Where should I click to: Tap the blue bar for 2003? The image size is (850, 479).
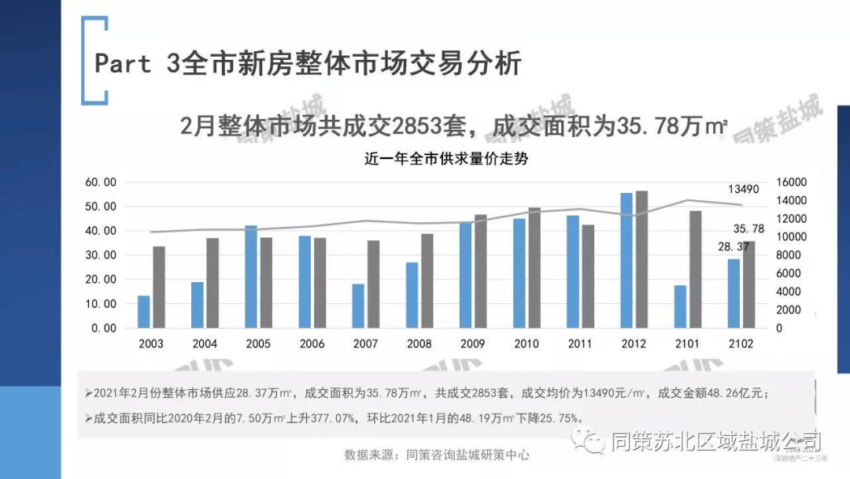point(143,312)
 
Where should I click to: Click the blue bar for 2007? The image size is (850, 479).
point(358,306)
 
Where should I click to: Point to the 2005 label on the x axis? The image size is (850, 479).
point(258,344)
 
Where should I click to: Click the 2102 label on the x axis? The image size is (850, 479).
point(741,344)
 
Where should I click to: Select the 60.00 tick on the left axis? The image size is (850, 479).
point(101,182)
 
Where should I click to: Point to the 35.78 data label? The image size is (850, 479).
point(748,228)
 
